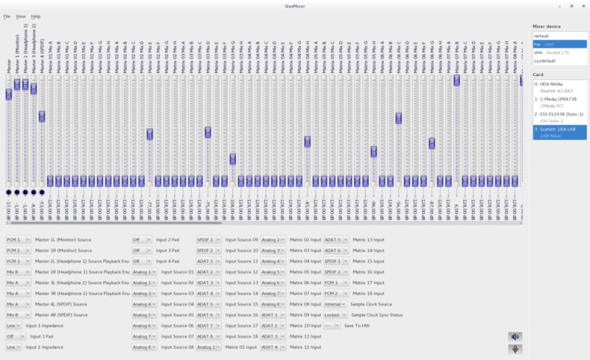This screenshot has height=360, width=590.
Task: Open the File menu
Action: coord(7,15)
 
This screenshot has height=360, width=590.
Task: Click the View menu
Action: coord(21,15)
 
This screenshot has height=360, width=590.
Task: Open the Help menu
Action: coord(36,15)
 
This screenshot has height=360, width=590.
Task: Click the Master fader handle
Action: coord(9,94)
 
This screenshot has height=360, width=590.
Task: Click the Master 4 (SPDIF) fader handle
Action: coord(42,117)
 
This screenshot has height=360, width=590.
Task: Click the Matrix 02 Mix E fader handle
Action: coord(150,134)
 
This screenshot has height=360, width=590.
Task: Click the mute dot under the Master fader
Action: coord(9,193)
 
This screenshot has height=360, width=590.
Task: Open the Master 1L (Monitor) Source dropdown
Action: coord(18,240)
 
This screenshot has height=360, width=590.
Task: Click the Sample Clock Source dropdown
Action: coord(333,304)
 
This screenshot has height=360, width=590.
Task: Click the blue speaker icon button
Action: coord(515,336)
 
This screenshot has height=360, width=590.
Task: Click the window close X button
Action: coord(583,5)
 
